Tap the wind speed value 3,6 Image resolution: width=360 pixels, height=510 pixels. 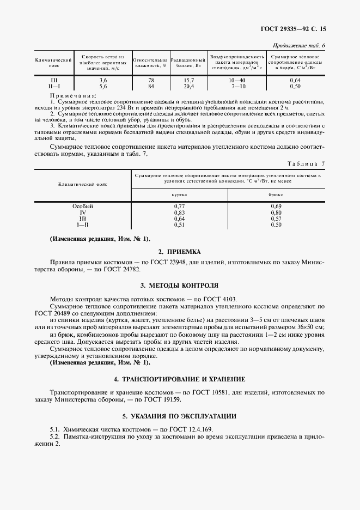point(103,81)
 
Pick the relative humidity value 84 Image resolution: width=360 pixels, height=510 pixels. point(151,86)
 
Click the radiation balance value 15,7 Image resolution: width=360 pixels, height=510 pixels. point(188,81)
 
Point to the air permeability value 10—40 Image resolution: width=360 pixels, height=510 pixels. point(238,81)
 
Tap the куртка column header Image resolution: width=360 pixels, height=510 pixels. point(179,194)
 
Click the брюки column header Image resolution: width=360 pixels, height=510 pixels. point(276,194)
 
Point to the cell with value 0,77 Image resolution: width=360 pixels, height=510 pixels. point(179,207)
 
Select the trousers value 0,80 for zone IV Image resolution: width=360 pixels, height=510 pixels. point(276,212)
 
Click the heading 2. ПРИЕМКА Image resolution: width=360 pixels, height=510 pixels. point(179,252)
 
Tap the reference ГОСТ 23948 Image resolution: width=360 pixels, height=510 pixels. point(174,262)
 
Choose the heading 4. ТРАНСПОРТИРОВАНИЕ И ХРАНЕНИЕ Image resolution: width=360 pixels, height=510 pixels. point(179,379)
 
